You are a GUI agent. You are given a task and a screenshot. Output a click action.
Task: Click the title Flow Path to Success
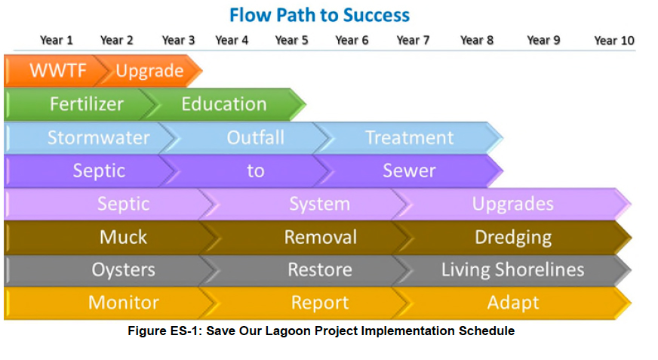coord(319,16)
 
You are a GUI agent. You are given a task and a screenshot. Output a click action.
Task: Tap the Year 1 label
coord(57,40)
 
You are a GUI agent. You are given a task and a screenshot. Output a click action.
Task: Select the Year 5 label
coord(292,40)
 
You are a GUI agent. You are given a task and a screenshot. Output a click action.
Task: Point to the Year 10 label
coord(614,41)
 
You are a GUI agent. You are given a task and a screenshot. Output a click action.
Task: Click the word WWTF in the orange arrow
coord(58,70)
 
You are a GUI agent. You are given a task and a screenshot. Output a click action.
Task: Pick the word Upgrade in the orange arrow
coord(150,71)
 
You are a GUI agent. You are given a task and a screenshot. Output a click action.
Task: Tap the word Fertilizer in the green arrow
coord(87,103)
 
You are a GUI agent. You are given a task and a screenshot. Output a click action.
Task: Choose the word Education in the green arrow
coord(224,103)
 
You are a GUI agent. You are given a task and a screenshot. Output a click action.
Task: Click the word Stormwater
coord(99,137)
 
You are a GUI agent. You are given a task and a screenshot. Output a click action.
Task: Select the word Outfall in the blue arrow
coord(256,137)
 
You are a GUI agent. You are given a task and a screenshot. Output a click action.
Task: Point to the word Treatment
coord(410,137)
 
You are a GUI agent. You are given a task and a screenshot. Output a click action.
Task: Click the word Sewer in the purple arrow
coord(409,171)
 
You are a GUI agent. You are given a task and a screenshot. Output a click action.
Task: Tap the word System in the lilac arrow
coord(320,205)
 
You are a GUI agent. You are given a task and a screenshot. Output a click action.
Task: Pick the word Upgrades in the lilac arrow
coord(513,205)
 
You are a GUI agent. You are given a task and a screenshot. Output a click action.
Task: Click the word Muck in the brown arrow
coord(124,237)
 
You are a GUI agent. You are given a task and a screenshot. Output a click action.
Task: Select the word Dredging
coord(513,238)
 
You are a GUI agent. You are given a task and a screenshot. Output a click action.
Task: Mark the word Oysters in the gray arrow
coord(124,269)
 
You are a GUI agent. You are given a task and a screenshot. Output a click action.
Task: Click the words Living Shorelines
coord(513,269)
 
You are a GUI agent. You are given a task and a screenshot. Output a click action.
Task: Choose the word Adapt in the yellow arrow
coord(513,303)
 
